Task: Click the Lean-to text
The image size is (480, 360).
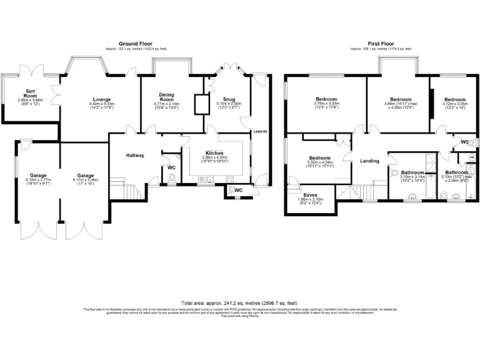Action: pos(260,131)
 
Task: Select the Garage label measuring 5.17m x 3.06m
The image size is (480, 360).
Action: pos(86,176)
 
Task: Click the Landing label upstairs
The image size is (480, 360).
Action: pos(369,161)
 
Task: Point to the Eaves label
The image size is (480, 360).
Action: pos(310,194)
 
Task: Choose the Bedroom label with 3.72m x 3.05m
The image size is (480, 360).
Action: pos(455,99)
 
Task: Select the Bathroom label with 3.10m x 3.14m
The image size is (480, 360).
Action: pos(412,172)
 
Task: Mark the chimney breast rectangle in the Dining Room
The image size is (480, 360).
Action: pos(201,104)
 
